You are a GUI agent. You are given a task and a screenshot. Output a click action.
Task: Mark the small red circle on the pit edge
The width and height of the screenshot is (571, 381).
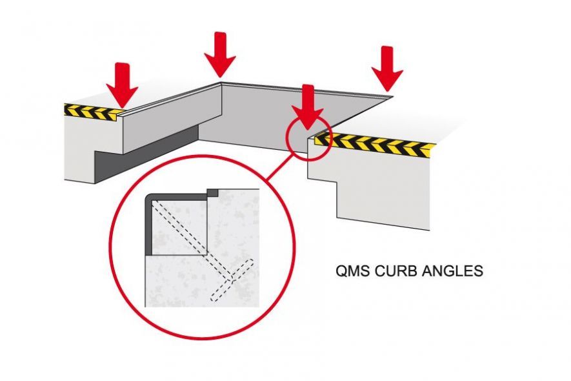pyautogui.click(x=308, y=136)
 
